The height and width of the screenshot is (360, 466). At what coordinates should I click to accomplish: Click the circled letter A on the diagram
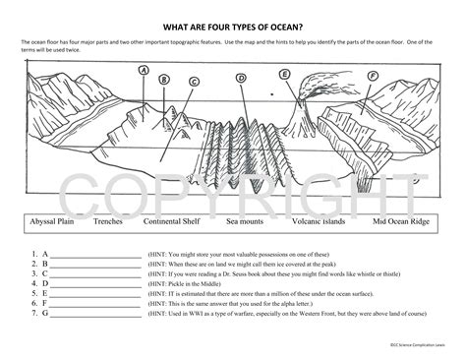(x=144, y=70)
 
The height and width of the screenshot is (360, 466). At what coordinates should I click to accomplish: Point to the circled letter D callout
(x=241, y=78)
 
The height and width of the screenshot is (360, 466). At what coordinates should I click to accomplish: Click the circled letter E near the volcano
(x=284, y=73)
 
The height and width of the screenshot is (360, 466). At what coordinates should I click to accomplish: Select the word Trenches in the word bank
(x=108, y=222)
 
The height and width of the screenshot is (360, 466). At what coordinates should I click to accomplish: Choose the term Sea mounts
(x=246, y=222)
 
